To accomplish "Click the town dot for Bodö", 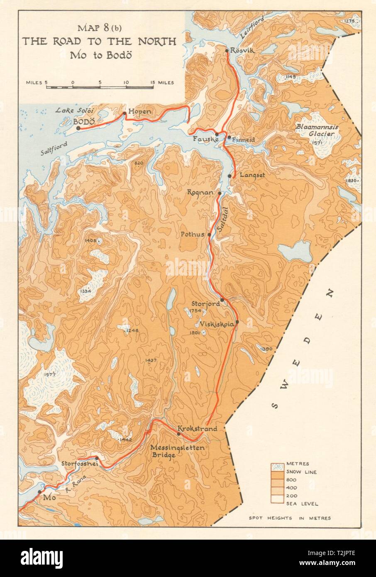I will (78, 128).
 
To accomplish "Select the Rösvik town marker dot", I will (227, 51).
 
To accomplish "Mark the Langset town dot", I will (230, 176).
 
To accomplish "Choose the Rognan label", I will (200, 193).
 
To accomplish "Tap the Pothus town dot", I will (209, 235).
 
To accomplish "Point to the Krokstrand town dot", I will (179, 434).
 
